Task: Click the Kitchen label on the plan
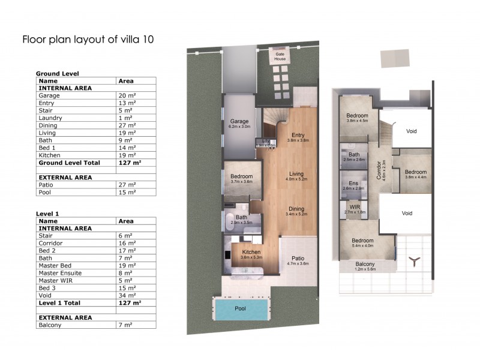(x=250, y=253)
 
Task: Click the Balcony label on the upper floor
(x=365, y=265)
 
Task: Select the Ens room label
(x=353, y=184)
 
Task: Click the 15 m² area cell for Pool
(x=126, y=193)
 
